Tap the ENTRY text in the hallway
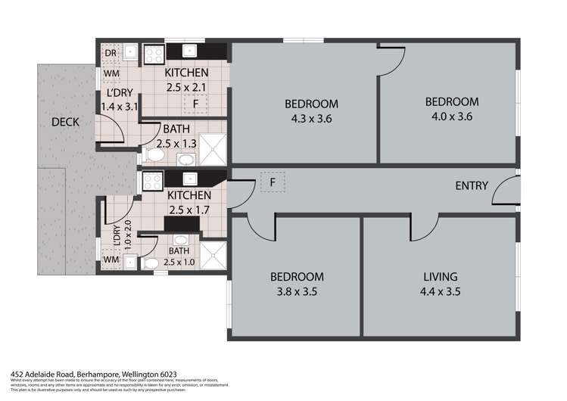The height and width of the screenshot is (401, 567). click(471, 186)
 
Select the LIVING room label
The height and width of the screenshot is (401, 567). click(441, 277)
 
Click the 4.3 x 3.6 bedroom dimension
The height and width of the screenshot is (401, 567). click(311, 118)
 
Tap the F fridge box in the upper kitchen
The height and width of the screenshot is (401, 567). click(195, 103)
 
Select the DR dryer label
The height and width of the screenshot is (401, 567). click(111, 53)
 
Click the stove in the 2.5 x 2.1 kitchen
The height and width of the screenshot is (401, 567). click(154, 53)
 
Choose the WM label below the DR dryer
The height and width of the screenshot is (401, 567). click(111, 73)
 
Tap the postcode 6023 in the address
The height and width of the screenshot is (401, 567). click(167, 374)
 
